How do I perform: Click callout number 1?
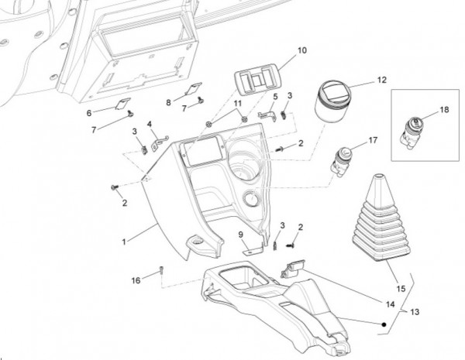tap(123, 242)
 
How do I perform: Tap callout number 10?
tap(302, 50)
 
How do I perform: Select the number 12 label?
tap(381, 80)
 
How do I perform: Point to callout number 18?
tap(444, 111)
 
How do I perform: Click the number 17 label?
tap(372, 140)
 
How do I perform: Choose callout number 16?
tap(135, 280)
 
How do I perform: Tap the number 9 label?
tap(241, 234)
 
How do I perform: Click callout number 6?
tap(89, 111)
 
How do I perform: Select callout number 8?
tap(168, 102)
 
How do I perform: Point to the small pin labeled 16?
tap(160, 270)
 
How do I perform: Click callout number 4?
tap(150, 124)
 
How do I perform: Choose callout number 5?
tap(274, 95)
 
